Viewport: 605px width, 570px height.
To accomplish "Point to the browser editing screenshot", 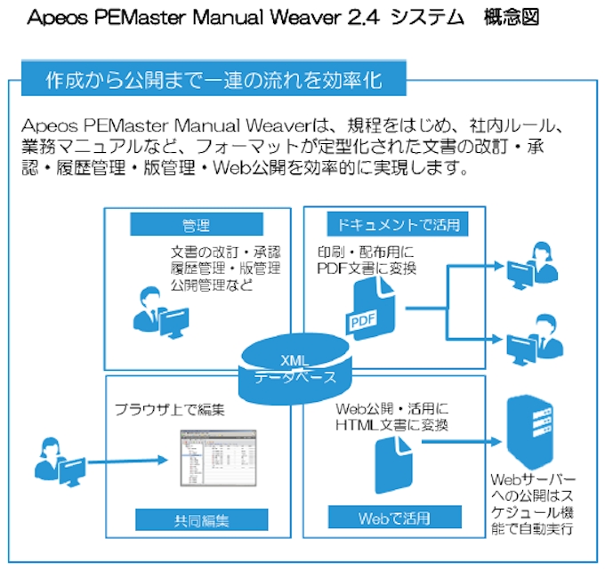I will [214, 456].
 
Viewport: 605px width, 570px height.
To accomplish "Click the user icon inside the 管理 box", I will [158, 309].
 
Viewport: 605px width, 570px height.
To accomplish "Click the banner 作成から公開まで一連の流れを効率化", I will [214, 81].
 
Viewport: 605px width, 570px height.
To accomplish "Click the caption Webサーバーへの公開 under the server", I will [534, 487].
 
